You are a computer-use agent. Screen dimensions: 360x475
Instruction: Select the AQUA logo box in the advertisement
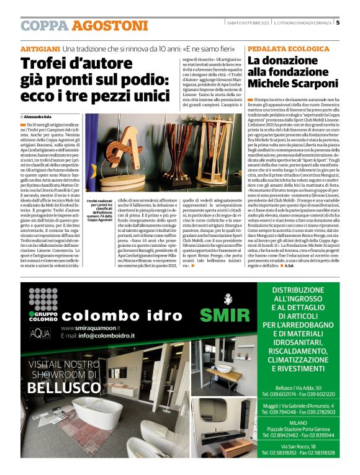[40, 334]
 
